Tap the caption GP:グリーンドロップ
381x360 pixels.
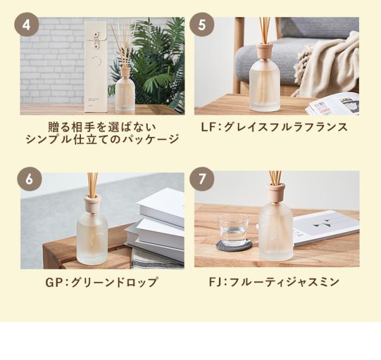[x=102, y=282]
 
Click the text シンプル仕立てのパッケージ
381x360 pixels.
[x=102, y=140]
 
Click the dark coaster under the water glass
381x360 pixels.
[x=233, y=245]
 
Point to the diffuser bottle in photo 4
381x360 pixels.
[x=125, y=92]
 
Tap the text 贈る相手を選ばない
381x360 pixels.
[x=102, y=127]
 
